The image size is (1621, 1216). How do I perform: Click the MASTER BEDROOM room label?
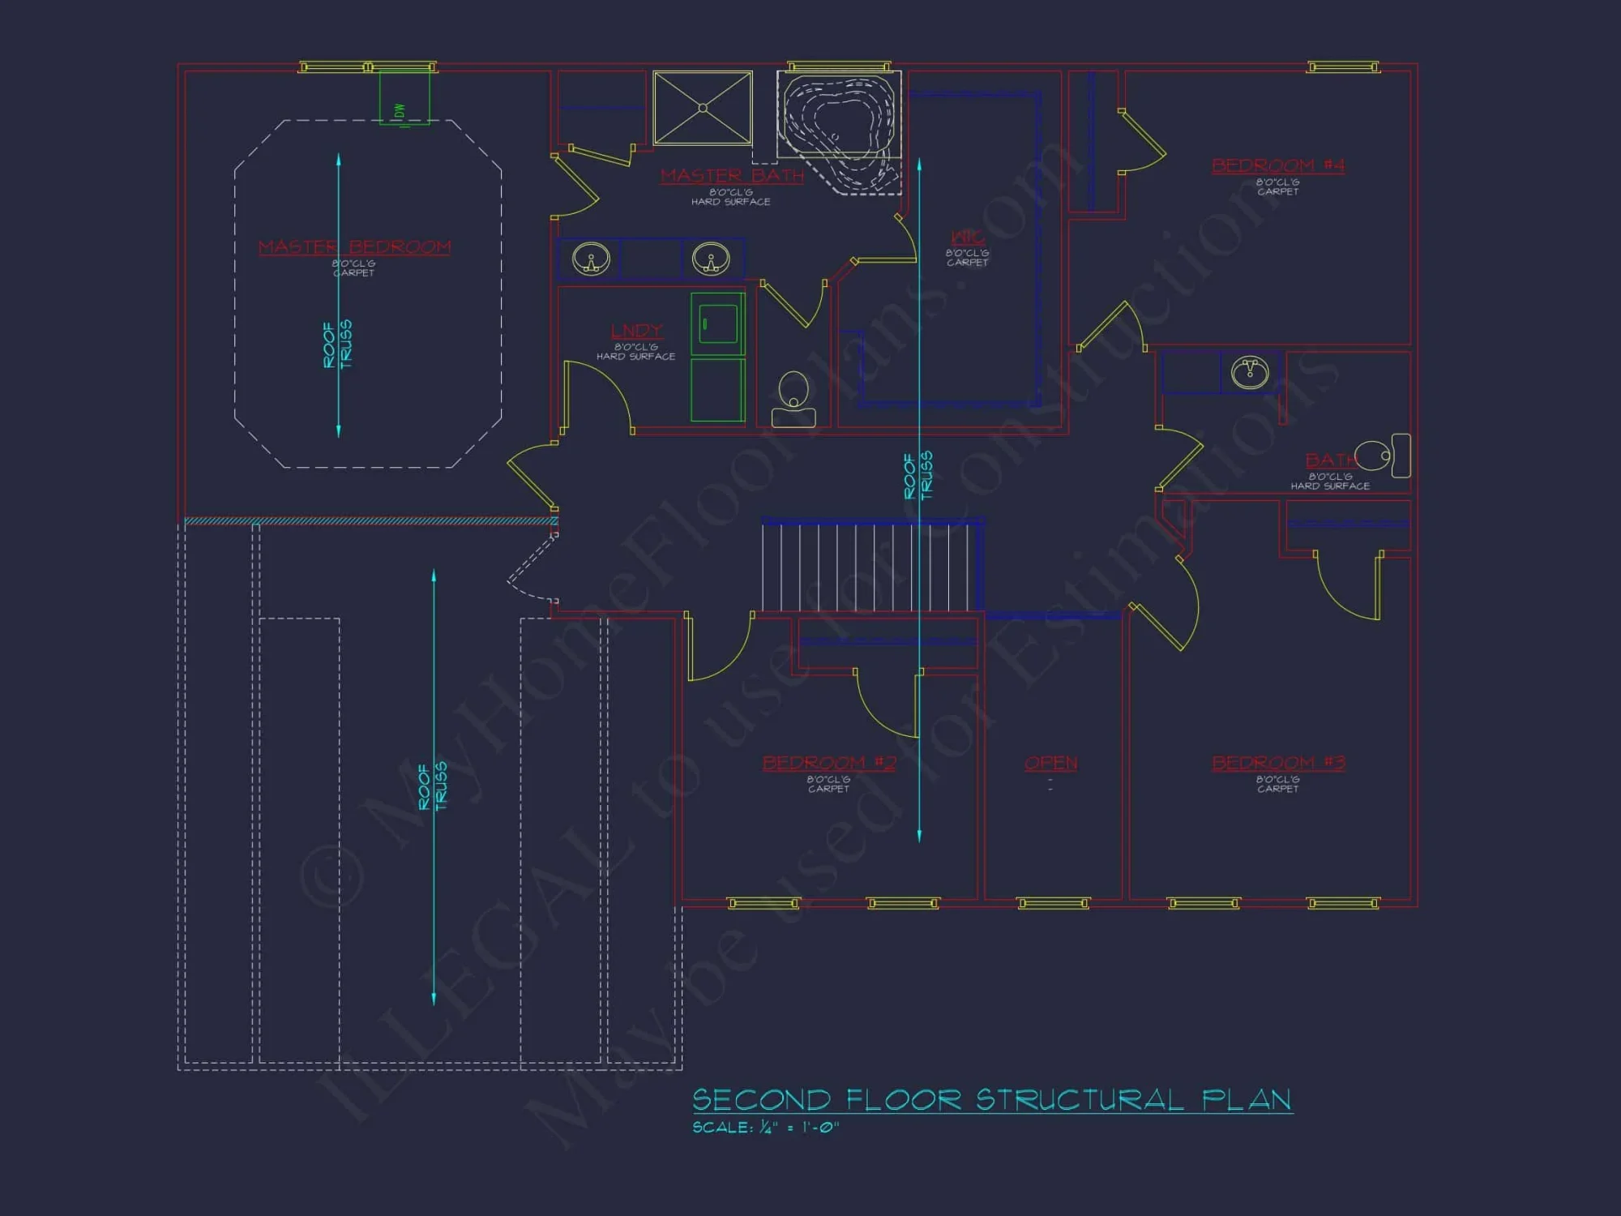(x=354, y=247)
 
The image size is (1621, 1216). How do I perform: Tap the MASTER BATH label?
(x=732, y=176)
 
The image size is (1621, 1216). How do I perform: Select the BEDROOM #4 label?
(x=1278, y=166)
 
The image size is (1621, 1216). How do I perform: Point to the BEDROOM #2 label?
(x=828, y=764)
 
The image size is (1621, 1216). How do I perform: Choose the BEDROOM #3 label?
(x=1278, y=764)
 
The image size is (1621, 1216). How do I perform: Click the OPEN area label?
(x=1050, y=764)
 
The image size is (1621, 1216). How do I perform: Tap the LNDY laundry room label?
(x=636, y=332)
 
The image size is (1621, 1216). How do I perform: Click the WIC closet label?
(x=967, y=238)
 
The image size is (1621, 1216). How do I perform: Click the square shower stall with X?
(x=703, y=108)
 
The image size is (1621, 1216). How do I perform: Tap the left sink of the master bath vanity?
(x=591, y=259)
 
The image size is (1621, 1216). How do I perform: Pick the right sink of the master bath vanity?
(x=711, y=259)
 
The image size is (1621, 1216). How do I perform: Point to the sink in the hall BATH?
(x=1250, y=372)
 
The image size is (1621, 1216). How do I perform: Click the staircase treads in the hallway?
(x=867, y=567)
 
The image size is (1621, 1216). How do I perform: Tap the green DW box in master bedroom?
(x=404, y=97)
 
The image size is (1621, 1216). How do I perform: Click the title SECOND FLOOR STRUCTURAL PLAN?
(x=991, y=1100)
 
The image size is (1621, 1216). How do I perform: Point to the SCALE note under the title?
(x=765, y=1128)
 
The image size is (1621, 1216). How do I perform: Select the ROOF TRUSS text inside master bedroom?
(x=337, y=345)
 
